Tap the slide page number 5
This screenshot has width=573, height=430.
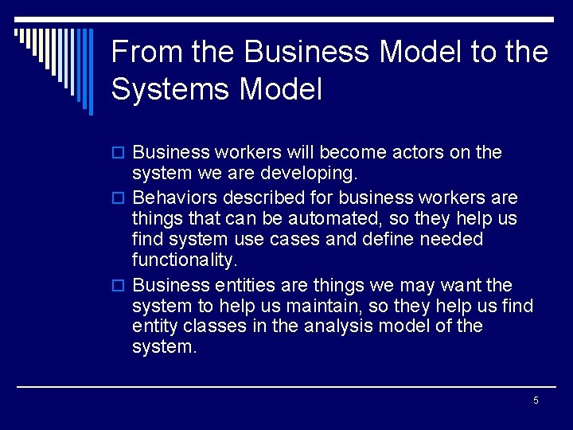point(536,400)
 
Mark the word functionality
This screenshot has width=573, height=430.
point(184,260)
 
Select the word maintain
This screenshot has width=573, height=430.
point(318,305)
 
